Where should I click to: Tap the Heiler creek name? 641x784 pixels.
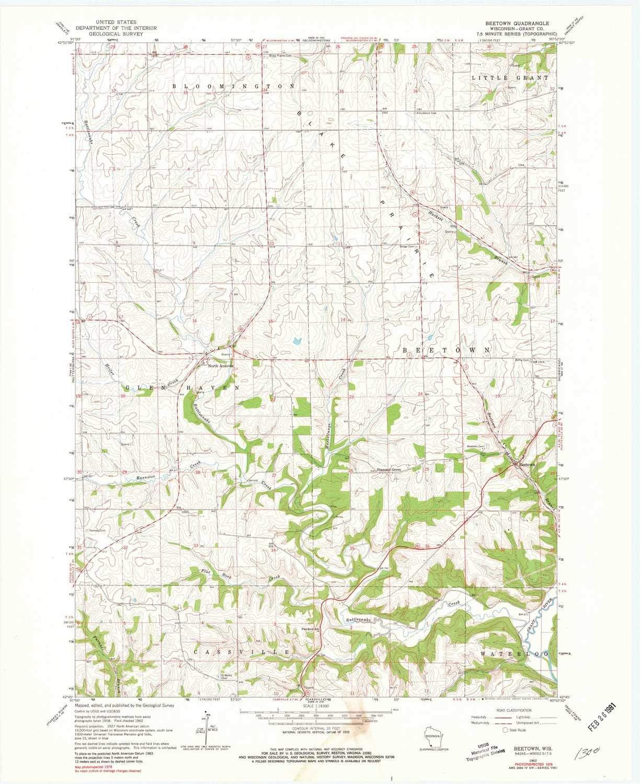pos(110,372)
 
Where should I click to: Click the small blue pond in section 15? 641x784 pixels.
pos(296,342)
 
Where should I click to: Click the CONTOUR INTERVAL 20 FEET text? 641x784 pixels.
pos(312,730)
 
